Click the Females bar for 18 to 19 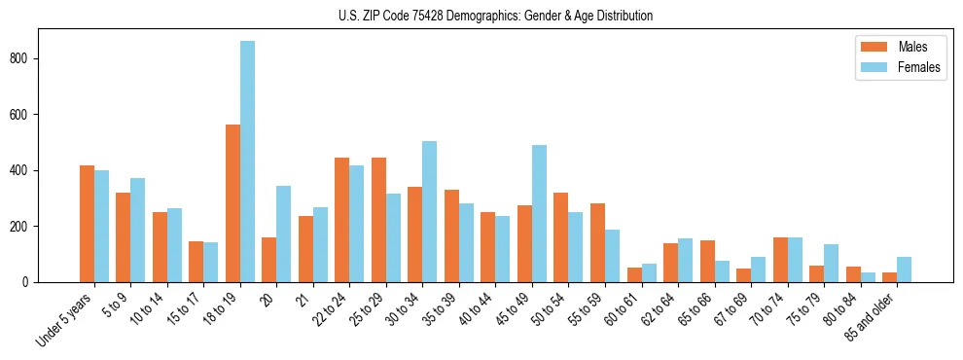coord(247,162)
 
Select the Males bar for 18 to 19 coord(232,203)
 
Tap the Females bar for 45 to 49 coord(539,213)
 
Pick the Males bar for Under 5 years coord(87,224)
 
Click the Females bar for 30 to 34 coord(429,211)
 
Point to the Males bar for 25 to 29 coord(378,220)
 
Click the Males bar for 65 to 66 coord(707,261)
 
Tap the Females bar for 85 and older coord(904,270)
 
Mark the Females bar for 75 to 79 coord(831,263)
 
